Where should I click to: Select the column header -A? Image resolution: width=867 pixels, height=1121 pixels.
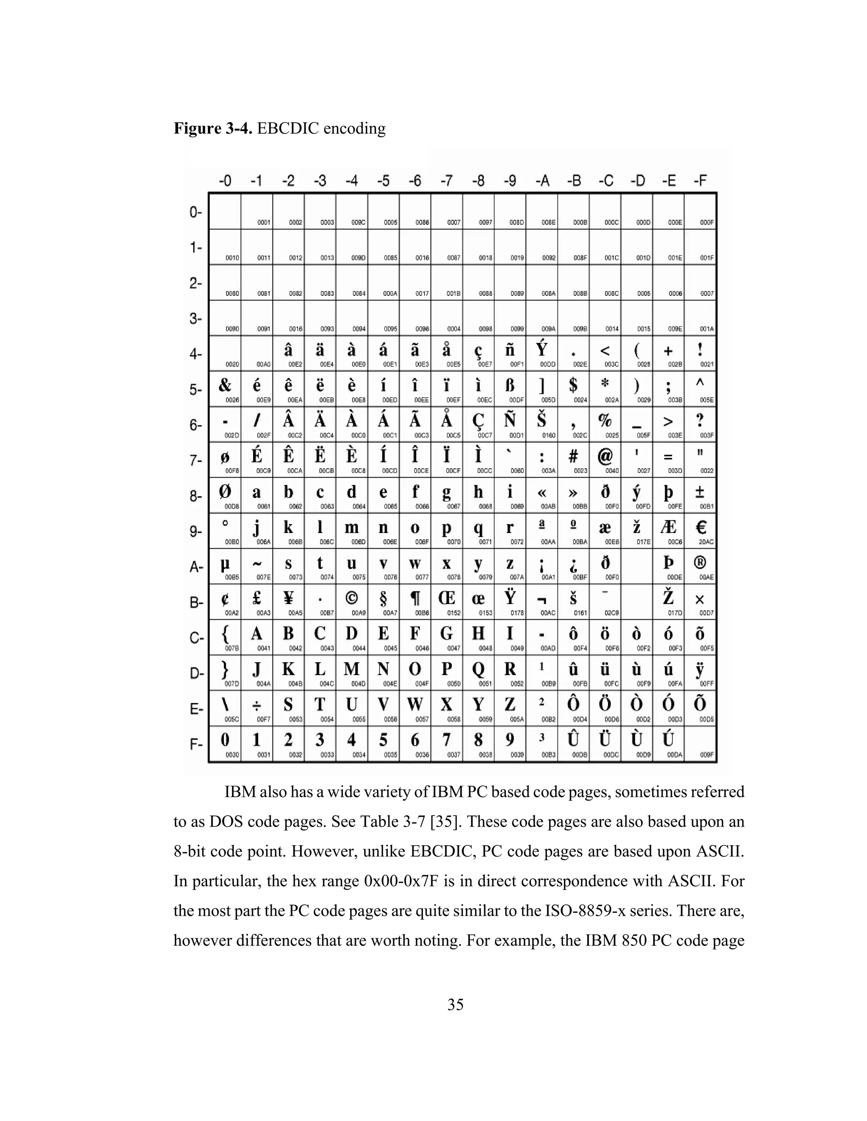(x=542, y=181)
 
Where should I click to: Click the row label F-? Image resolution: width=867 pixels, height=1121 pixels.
(x=196, y=744)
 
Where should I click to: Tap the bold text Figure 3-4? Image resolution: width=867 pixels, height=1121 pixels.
(x=213, y=128)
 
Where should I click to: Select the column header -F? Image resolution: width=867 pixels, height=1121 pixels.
(x=701, y=181)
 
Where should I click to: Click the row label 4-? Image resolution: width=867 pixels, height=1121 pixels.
(x=196, y=354)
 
